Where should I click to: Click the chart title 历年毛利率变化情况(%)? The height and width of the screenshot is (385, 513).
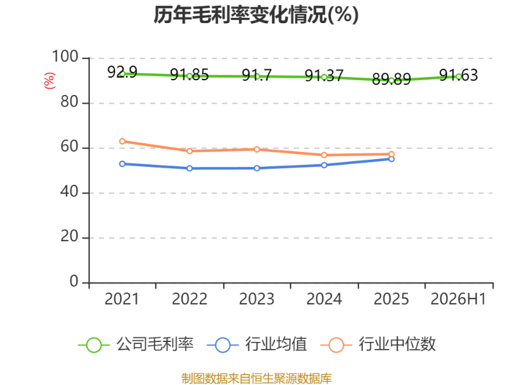[256, 15]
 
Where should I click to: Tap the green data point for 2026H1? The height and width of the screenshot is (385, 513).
[458, 76]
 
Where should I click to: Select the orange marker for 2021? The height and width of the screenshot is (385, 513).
[122, 141]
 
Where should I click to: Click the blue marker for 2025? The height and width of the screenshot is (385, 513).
[391, 158]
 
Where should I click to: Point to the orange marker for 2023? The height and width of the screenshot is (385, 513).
[257, 150]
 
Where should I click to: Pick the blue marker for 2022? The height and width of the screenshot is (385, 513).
[189, 168]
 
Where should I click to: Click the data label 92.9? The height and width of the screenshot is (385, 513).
[122, 72]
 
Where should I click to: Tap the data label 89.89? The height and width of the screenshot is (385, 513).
[391, 79]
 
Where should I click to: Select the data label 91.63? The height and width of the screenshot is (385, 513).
[458, 75]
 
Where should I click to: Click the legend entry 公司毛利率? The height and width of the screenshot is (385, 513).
[136, 345]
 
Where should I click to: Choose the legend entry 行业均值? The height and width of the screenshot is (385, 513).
[257, 345]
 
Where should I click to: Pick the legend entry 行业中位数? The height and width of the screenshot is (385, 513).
[378, 345]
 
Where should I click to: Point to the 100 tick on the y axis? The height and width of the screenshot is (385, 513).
[65, 56]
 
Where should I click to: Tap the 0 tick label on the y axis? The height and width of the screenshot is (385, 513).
[74, 282]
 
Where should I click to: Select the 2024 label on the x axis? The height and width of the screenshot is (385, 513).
[324, 299]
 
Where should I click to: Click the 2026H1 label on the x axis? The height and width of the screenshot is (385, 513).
[458, 299]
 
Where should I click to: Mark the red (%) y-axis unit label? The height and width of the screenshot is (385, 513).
[49, 81]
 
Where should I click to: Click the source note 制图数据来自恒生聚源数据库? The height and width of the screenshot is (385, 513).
[256, 379]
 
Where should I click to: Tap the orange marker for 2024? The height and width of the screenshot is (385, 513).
[324, 155]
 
